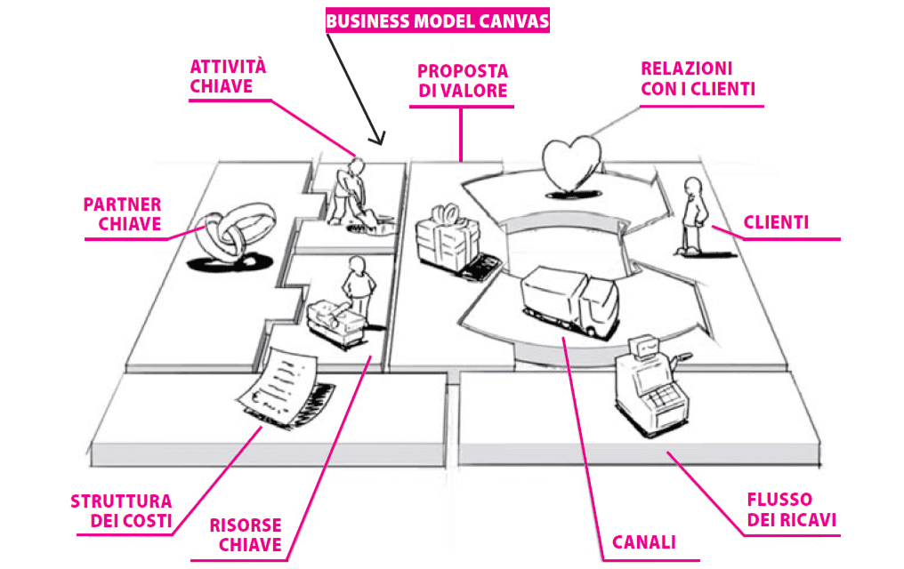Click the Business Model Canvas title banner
[x=437, y=20]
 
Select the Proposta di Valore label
[x=463, y=81]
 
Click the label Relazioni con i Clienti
[x=698, y=79]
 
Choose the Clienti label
[x=776, y=223]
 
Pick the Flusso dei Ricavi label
[x=791, y=509]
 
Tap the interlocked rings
[x=224, y=236]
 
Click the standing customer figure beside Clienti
[x=692, y=212]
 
